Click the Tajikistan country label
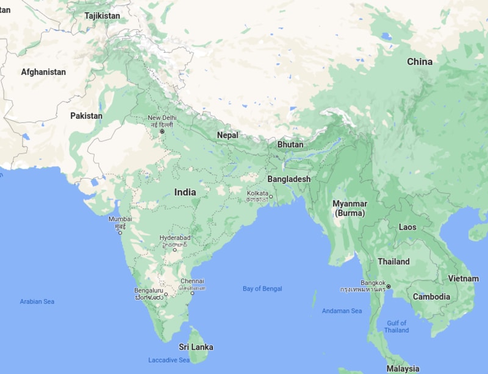tap(102, 16)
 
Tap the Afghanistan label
tap(43, 72)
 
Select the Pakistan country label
tap(86, 116)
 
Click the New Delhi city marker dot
tap(162, 132)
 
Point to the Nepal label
tap(228, 135)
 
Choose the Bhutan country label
tap(290, 145)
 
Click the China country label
tap(420, 62)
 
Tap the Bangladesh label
tap(289, 179)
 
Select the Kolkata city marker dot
tap(270, 197)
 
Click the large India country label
tap(185, 192)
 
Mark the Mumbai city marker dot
tap(120, 232)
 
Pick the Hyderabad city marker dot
tap(174, 249)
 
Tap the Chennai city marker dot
tap(193, 293)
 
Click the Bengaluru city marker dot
tap(165, 294)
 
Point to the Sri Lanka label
tap(196, 347)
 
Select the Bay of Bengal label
tap(262, 289)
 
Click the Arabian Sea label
tap(37, 302)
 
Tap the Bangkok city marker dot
tap(389, 286)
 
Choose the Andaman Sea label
tap(342, 311)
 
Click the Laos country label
tap(407, 227)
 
